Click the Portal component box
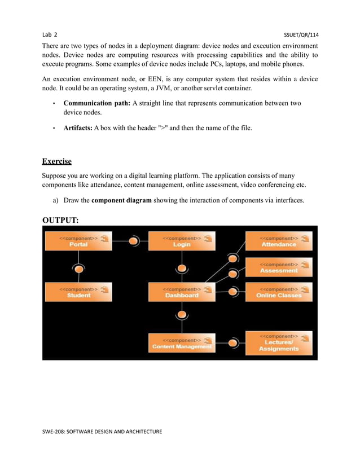[78, 241]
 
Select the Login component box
[181, 241]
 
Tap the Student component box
[78, 292]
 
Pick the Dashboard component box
[181, 292]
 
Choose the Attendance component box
[279, 241]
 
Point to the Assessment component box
[279, 267]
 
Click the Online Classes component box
[279, 292]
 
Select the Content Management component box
[181, 343]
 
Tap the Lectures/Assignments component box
[279, 343]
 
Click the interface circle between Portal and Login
[134, 241]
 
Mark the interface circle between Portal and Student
[79, 269]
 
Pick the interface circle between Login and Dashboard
[181, 268]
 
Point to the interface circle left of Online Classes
[232, 292]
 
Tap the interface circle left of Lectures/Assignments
[232, 342]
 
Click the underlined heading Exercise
[57, 161]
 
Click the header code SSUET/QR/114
[300, 34]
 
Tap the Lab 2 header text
[50, 34]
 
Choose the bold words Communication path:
[97, 103]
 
